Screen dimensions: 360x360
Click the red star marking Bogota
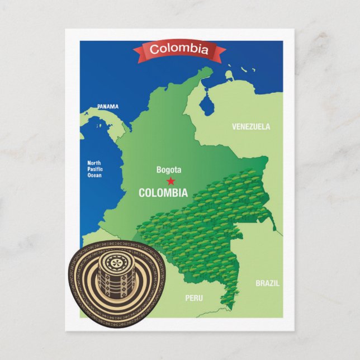pyautogui.click(x=170, y=181)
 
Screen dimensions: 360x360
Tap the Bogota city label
pyautogui.click(x=169, y=170)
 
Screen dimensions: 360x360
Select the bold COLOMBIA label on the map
pyautogui.click(x=163, y=193)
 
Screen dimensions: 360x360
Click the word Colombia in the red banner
pyautogui.click(x=179, y=50)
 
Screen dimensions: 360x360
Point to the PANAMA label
pyautogui.click(x=107, y=106)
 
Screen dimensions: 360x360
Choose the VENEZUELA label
pyautogui.click(x=251, y=127)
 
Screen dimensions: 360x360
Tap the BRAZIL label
pyautogui.click(x=267, y=283)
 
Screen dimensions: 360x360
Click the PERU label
pyautogui.click(x=194, y=298)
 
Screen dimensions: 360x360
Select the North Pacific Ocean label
pyautogui.click(x=94, y=169)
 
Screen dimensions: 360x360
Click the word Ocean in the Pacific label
pyautogui.click(x=94, y=175)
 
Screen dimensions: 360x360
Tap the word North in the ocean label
pyautogui.click(x=94, y=163)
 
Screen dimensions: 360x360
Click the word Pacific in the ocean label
pyautogui.click(x=95, y=169)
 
